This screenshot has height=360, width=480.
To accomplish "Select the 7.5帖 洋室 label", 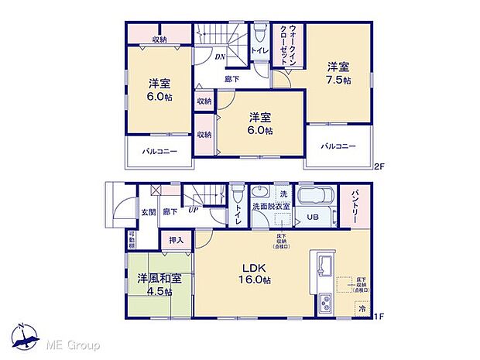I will point(338,74).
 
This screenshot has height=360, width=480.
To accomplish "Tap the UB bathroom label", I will point(314,218).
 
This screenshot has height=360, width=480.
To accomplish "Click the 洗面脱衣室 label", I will point(274,206).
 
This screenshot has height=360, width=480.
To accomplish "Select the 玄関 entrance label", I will point(148,211).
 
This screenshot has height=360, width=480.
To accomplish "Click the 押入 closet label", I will point(177,242).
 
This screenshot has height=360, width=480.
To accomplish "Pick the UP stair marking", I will point(190,211).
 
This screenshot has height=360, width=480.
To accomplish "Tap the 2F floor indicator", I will point(379,166).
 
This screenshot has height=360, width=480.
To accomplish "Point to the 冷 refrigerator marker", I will point(361,308).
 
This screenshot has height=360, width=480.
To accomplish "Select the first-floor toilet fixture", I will point(237,194).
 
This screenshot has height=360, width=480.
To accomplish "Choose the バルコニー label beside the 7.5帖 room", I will point(339,146).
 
